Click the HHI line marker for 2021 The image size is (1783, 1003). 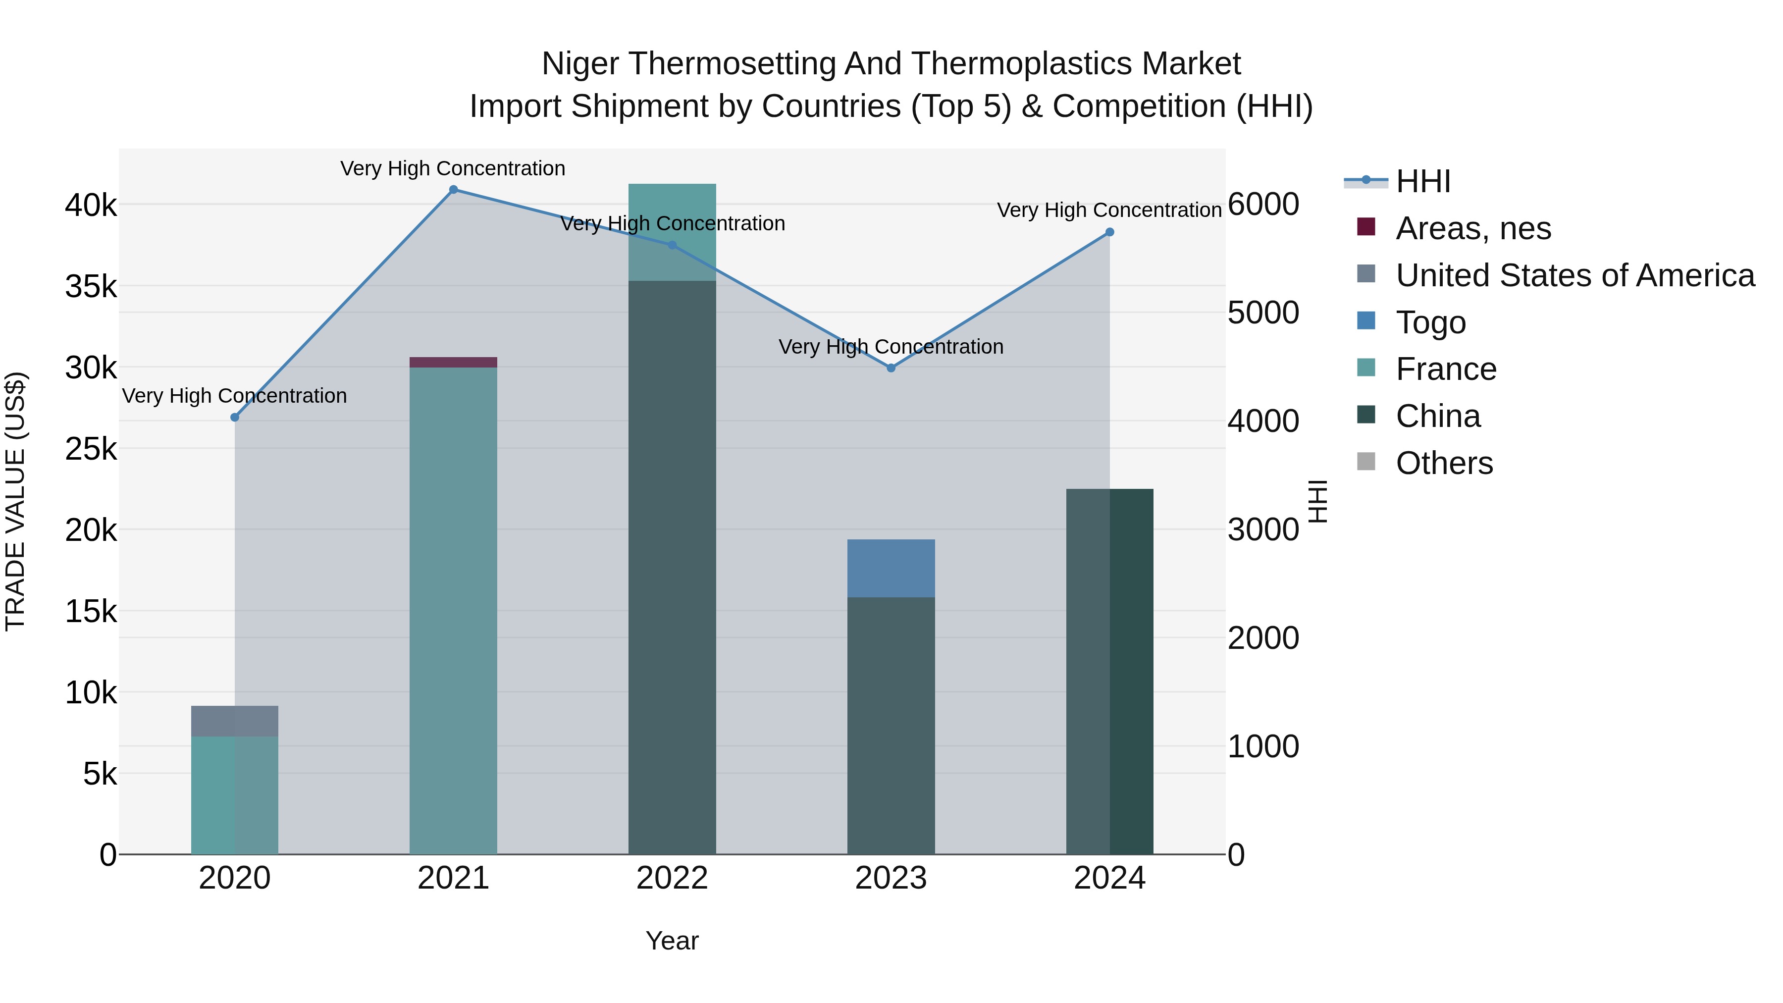tap(453, 190)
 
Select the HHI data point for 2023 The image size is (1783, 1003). tap(891, 368)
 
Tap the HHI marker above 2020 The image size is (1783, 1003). tap(235, 418)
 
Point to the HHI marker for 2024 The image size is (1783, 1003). tap(1109, 233)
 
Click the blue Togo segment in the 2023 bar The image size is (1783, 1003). tap(891, 568)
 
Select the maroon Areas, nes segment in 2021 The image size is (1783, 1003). tap(453, 362)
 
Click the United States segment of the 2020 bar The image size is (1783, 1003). tap(235, 721)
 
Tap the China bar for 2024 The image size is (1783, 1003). tap(1109, 672)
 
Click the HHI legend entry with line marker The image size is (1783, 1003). tap(1422, 181)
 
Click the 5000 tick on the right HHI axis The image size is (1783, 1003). tap(1263, 313)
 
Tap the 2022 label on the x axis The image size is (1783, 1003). tap(672, 878)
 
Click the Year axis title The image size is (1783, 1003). tap(672, 941)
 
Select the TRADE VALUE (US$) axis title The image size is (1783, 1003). tap(15, 501)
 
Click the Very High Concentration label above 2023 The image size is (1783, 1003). tap(891, 347)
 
